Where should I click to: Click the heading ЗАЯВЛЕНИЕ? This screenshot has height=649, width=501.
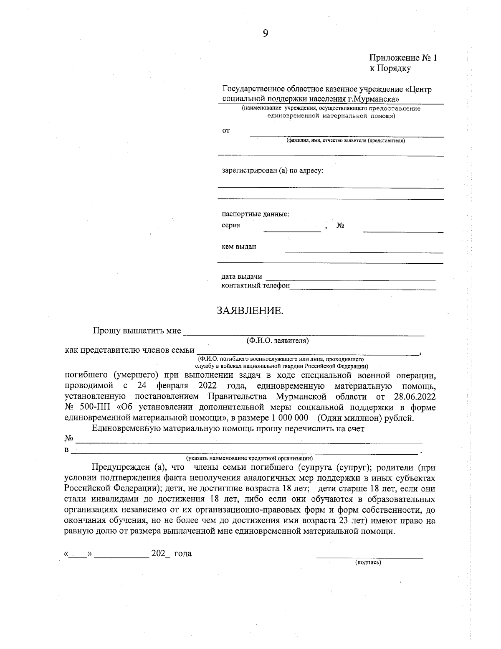coord(250,311)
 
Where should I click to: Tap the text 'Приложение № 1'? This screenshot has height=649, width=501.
coord(402,58)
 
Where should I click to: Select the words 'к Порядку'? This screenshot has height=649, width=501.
coord(390,68)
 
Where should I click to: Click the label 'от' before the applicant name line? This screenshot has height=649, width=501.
coord(225,131)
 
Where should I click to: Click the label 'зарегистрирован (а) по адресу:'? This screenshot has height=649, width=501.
coord(272,171)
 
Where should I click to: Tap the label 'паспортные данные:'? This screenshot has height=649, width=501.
coord(255,214)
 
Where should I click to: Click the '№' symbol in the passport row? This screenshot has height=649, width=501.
coord(340,226)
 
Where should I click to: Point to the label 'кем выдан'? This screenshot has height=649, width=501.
coord(238,247)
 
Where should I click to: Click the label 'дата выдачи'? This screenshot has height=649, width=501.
coord(241,276)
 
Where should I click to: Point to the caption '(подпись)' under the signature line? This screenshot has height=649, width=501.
coord(368,562)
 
